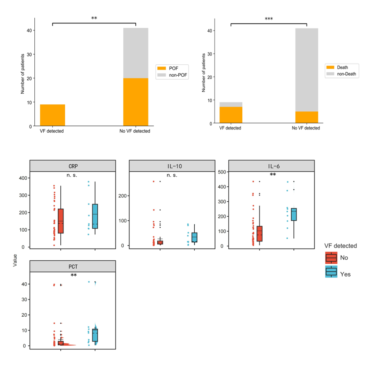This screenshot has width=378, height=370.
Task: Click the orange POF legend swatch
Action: pyautogui.click(x=161, y=68)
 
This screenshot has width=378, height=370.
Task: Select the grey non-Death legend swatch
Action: pyautogui.click(x=330, y=74)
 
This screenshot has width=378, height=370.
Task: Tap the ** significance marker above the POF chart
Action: pyautogui.click(x=94, y=18)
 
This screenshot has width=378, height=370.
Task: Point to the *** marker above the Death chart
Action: pyautogui.click(x=269, y=19)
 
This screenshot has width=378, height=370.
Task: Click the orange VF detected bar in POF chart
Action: pyautogui.click(x=52, y=115)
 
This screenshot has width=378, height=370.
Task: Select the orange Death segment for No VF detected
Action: pyautogui.click(x=307, y=117)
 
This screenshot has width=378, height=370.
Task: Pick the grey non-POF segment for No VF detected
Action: pyautogui.click(x=136, y=53)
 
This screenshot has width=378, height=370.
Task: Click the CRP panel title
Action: pyautogui.click(x=73, y=166)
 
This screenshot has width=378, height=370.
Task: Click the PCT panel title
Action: pyautogui.click(x=73, y=266)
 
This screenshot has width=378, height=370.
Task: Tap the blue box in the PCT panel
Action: pyautogui.click(x=95, y=335)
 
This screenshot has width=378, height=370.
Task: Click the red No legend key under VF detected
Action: pyautogui.click(x=331, y=258)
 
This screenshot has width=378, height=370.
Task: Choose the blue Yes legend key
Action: pyautogui.click(x=331, y=272)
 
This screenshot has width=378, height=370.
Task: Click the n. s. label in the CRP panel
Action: pyautogui.click(x=73, y=175)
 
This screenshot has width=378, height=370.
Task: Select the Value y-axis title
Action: pyautogui.click(x=15, y=261)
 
